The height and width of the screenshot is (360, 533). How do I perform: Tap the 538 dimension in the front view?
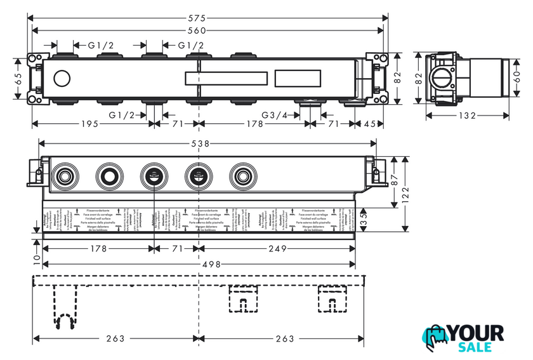(x=201, y=144)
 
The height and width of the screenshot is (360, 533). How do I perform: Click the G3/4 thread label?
(x=276, y=115)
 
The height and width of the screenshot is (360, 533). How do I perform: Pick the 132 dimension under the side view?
(x=468, y=116)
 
